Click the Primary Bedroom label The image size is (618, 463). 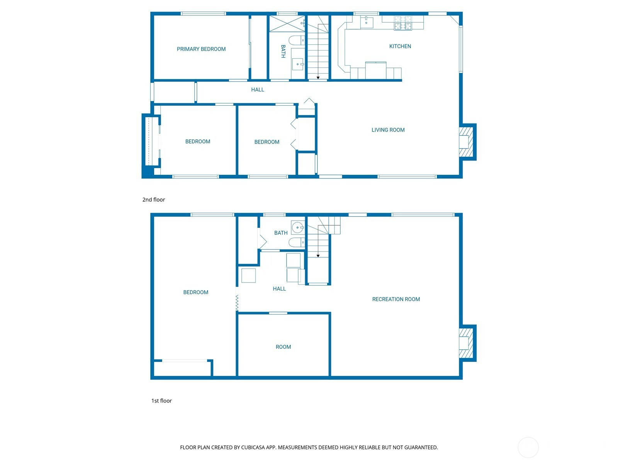click(201, 49)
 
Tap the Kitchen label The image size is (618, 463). click(400, 46)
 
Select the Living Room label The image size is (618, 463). click(388, 130)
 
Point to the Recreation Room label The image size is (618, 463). click(396, 299)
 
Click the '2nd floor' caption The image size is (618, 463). click(153, 199)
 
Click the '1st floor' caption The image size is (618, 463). click(161, 400)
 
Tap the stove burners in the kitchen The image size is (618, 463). click(403, 23)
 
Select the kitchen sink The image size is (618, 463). click(367, 22)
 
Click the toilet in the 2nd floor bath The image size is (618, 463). click(297, 40)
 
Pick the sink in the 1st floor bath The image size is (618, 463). click(297, 227)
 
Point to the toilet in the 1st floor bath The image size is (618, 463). click(297, 242)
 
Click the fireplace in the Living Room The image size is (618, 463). click(466, 142)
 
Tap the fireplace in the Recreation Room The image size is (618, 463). click(466, 343)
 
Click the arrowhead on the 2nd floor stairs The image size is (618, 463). click(318, 78)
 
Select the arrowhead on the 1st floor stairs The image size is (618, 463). click(318, 256)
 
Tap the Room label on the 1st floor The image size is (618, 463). click(283, 347)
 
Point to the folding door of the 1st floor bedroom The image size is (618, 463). click(237, 303)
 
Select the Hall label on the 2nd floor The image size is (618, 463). click(258, 90)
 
